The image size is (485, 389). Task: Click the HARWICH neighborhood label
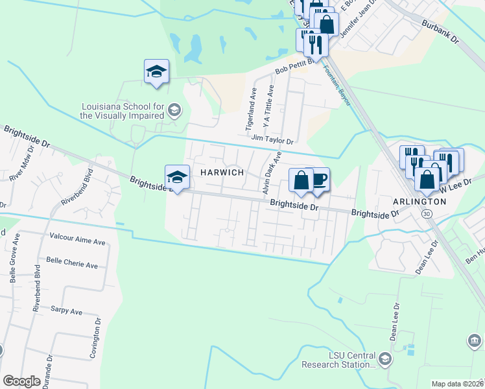click(222, 172)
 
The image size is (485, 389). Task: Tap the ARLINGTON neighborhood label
click(420, 202)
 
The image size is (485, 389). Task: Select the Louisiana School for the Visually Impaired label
click(121, 111)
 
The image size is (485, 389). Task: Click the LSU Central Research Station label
click(338, 360)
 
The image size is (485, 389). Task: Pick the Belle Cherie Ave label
click(71, 265)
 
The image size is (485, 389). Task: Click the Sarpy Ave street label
click(67, 311)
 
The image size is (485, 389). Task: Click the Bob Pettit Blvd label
click(294, 65)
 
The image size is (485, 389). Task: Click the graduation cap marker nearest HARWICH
click(177, 177)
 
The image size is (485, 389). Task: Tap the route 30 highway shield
click(426, 213)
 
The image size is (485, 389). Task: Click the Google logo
click(21, 381)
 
